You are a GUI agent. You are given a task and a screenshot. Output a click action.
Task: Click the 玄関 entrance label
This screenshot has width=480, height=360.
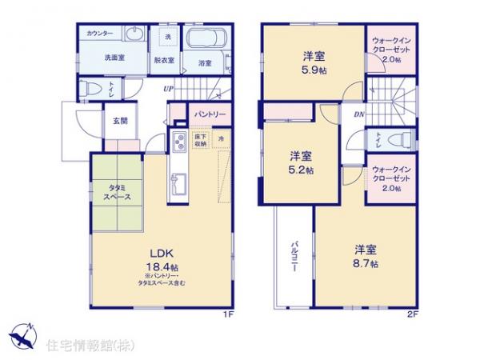[118, 121]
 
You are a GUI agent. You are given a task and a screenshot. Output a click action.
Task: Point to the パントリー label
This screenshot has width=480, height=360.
[210, 114]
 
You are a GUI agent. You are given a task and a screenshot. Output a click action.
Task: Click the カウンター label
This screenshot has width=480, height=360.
[101, 34]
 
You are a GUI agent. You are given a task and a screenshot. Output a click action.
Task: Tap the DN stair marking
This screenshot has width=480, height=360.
[359, 114]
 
